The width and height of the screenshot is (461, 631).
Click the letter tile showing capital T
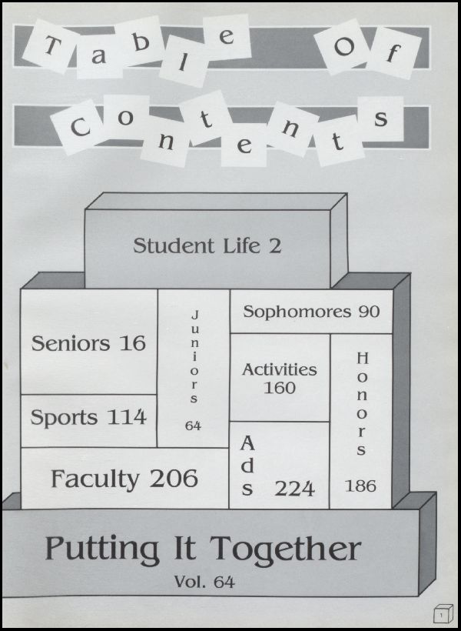pos(51,46)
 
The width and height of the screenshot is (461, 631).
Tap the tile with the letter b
pos(141,42)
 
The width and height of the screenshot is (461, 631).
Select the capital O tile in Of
pos(343,47)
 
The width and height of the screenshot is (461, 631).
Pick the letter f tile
pos(393,53)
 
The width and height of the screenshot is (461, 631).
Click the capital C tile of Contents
pos(80,128)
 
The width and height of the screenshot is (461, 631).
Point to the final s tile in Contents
pos(380,119)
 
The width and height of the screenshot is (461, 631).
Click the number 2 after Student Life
pos(275,246)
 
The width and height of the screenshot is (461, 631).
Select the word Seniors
pos(71,343)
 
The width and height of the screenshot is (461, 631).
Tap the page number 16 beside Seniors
pos(132,343)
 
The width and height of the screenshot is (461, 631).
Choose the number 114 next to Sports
pos(126,417)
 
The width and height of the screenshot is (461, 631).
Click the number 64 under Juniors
pos(193,426)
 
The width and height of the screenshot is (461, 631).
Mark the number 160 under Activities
pos(280,388)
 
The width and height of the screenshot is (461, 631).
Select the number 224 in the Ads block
pos(294,489)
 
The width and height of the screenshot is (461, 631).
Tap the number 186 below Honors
pos(360,486)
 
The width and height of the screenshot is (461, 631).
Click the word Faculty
pos(95,479)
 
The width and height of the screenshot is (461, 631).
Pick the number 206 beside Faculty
pos(174,479)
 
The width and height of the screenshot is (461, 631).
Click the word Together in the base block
pos(286,549)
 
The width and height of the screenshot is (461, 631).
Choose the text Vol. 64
pos(204,582)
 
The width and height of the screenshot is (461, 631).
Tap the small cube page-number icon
pos(443,614)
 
